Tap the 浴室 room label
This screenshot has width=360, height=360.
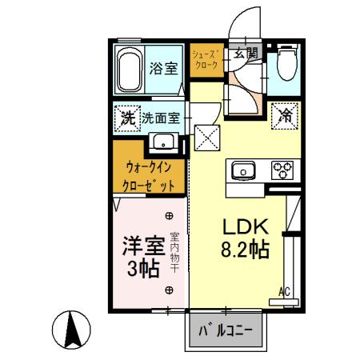click(164, 68)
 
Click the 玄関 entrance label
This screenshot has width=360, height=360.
click(246, 54)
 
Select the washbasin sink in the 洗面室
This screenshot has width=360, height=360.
click(165, 145)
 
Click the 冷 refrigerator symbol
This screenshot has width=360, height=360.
click(285, 114)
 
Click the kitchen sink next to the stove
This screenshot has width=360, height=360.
click(242, 170)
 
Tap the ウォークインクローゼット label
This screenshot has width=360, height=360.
click(148, 176)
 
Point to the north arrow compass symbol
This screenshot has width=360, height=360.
click(70, 330)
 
